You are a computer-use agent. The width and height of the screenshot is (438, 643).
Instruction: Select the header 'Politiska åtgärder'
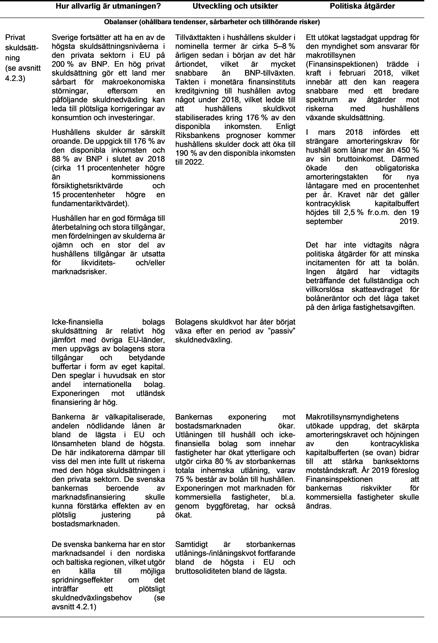click(362, 6)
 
